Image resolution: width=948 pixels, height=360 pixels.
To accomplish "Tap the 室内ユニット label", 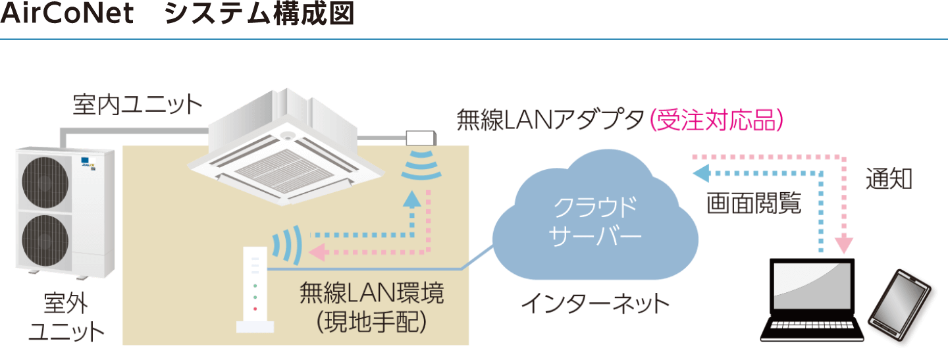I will click(137, 105).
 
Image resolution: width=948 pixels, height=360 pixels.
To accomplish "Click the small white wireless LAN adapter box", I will click(421, 138).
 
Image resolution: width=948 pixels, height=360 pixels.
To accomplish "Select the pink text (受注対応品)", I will click(718, 121).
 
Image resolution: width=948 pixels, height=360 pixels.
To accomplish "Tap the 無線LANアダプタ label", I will click(550, 121).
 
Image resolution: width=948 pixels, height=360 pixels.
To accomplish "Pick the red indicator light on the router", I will click(255, 309).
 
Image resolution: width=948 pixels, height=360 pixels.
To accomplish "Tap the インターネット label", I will click(595, 303).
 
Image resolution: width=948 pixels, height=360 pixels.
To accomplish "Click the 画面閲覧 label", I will click(754, 203).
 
